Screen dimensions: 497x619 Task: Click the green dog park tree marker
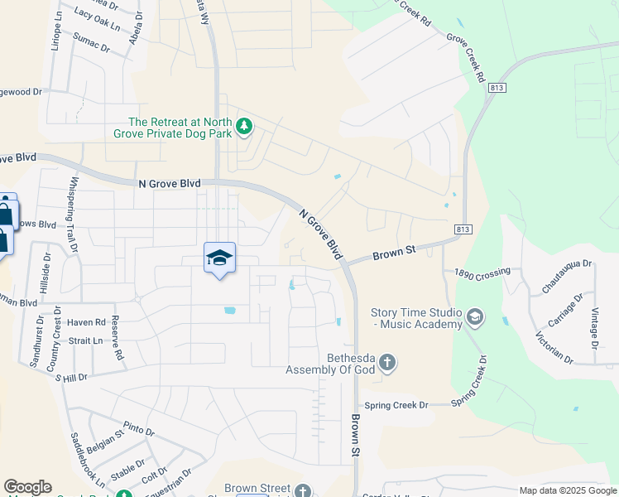point(243,127)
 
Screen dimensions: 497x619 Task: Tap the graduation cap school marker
point(219,258)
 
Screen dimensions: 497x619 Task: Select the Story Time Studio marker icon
point(475,316)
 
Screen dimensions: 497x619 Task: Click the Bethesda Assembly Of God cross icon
point(388,363)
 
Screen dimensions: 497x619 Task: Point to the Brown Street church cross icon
point(304,490)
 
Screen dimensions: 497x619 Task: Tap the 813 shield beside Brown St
point(463,228)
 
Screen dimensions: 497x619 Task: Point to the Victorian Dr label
point(554,348)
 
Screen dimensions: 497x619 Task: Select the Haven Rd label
point(87,322)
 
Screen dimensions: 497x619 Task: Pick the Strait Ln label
point(85,340)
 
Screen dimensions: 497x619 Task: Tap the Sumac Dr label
point(91,43)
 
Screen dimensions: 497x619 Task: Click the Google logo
point(27,487)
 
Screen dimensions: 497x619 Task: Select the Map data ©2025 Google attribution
point(568,490)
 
